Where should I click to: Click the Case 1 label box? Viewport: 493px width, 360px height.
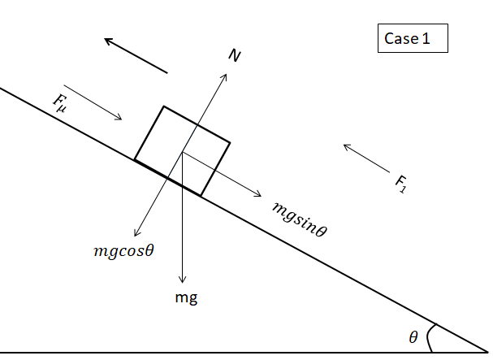412,38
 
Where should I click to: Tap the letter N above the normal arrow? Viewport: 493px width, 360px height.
235,55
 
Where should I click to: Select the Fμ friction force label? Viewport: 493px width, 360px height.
60,102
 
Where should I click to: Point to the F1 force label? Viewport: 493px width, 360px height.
400,184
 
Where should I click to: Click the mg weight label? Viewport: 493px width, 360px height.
186,297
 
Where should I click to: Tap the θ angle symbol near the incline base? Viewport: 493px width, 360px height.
413,337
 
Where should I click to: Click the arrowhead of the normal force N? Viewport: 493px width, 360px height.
225,74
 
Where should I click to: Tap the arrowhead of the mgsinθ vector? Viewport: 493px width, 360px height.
259,195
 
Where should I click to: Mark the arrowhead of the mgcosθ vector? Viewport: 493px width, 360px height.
136,236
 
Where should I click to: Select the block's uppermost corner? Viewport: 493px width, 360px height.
164,106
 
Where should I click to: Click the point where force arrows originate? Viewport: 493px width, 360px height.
184,151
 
